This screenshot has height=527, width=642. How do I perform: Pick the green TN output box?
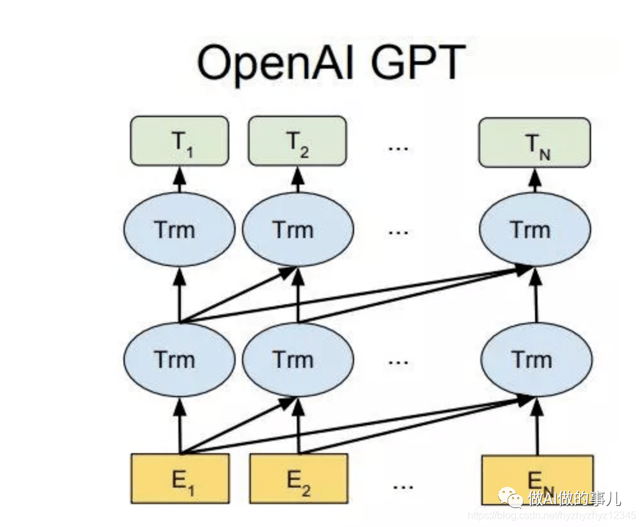coord(534,143)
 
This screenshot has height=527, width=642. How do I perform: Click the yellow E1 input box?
coord(180,479)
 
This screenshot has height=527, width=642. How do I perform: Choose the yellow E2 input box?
coord(298,479)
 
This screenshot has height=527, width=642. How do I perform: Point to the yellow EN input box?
coord(537,479)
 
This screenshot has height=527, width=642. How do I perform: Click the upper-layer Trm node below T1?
coord(179,229)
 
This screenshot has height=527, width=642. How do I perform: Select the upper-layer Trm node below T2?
coord(296,229)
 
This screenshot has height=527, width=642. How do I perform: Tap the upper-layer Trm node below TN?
coord(534,229)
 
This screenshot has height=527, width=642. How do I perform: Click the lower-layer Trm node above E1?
coord(179,360)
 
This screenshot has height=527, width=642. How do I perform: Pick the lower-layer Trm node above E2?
coord(296,360)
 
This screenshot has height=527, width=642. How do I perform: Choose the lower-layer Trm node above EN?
coord(536,360)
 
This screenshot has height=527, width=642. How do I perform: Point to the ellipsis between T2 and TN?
coord(398,147)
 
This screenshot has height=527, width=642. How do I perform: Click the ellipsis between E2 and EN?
coord(403,485)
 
